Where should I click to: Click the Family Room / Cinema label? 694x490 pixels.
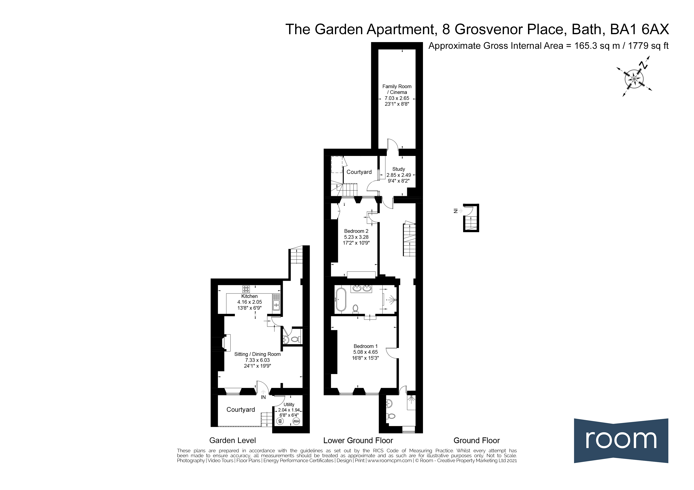tap(397, 89)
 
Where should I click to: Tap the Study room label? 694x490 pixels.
tap(398, 169)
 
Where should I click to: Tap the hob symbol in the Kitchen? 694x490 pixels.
tap(246, 289)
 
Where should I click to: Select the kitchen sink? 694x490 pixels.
tap(276, 302)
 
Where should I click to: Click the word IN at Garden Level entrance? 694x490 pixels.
tap(263, 397)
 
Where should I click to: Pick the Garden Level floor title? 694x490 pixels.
tap(232, 440)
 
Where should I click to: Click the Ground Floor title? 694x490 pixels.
tap(476, 440)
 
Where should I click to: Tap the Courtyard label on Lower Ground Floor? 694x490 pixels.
tap(359, 172)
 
